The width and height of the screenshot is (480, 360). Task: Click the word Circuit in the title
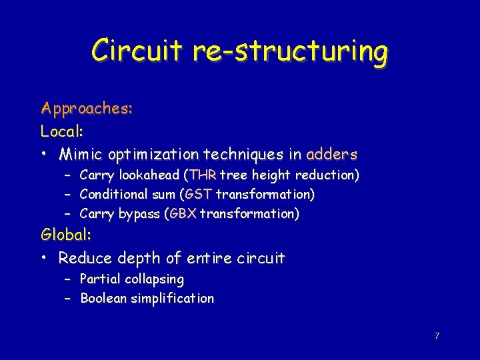tap(136, 51)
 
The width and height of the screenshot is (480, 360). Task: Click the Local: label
tap(61, 131)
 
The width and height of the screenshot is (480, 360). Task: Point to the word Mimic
tap(82, 155)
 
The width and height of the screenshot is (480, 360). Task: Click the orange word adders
tap(331, 155)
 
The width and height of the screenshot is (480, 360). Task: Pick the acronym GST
tap(199, 195)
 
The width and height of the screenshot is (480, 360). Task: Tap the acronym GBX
tap(183, 214)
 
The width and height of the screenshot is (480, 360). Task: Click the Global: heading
tap(66, 235)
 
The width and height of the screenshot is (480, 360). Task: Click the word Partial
tap(101, 279)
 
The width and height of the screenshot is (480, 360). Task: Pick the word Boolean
tap(104, 298)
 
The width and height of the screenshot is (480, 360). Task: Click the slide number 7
tap(437, 335)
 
